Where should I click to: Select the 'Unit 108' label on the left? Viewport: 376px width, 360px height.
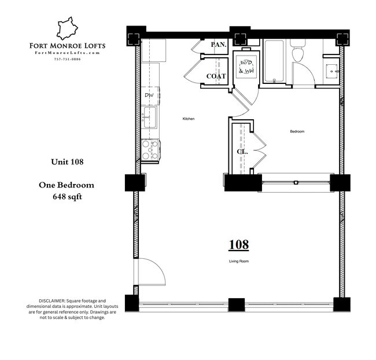point(68,162)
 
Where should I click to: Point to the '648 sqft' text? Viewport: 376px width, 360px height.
point(67,196)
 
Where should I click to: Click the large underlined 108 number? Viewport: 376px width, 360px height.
point(238,245)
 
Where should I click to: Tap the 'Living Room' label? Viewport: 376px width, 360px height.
point(238,262)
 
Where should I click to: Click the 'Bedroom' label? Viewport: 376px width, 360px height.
point(297,132)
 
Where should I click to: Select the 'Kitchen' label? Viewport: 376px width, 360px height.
point(189,119)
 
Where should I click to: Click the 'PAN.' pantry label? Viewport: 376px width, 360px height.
point(218,45)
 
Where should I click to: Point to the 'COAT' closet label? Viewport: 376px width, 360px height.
point(216,76)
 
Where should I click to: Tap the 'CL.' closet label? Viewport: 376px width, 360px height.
point(242,152)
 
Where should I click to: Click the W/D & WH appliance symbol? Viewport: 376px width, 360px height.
point(246,68)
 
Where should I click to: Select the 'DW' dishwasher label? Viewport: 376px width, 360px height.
point(149,95)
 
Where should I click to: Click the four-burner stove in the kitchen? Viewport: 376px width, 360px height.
point(151,150)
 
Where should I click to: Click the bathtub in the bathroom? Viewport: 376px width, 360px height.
point(275,62)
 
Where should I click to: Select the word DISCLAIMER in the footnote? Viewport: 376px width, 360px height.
point(52,302)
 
